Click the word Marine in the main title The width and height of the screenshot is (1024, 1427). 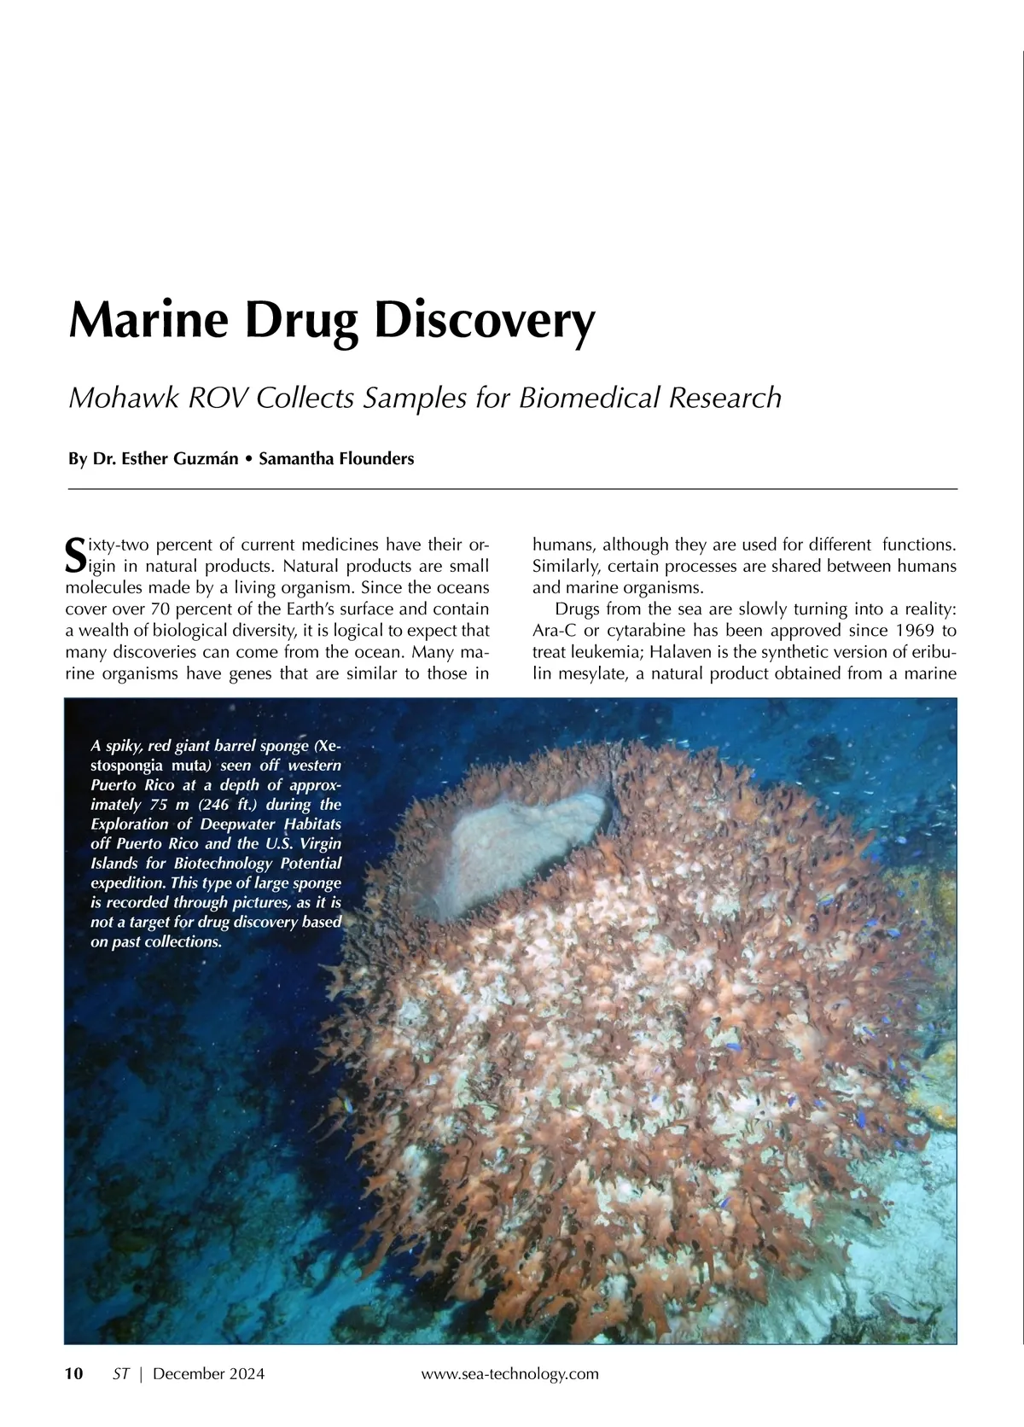point(148,321)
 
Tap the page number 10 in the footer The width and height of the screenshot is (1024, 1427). point(74,1373)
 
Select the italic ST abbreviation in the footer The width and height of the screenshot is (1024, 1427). point(121,1373)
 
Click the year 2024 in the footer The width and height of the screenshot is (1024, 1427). point(246,1373)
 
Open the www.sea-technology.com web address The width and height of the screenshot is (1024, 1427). point(510,1373)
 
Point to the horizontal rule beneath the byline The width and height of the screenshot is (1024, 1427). point(512,489)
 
